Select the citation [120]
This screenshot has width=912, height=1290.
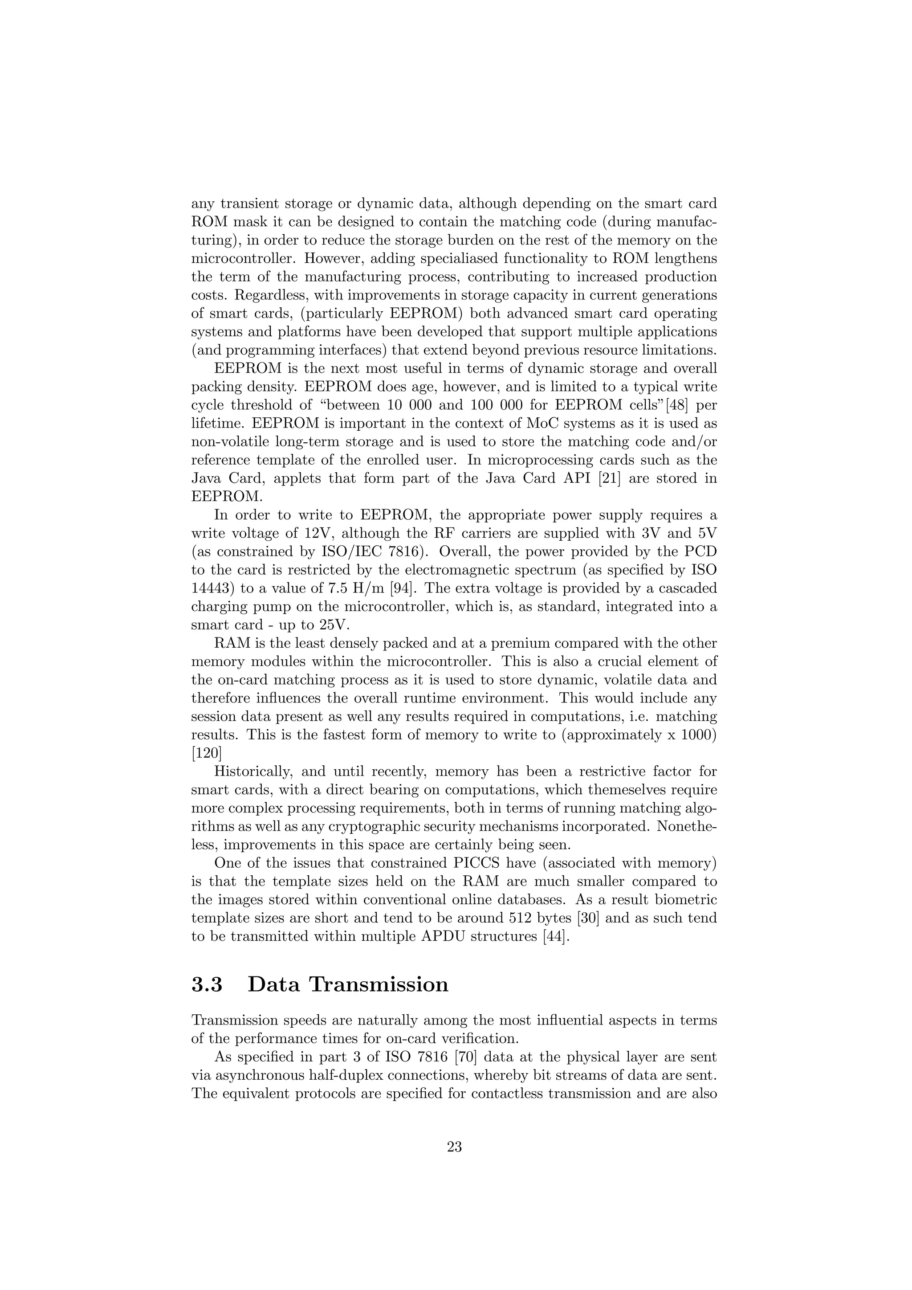pyautogui.click(x=207, y=753)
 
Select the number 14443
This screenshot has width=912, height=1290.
pyautogui.click(x=211, y=589)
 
